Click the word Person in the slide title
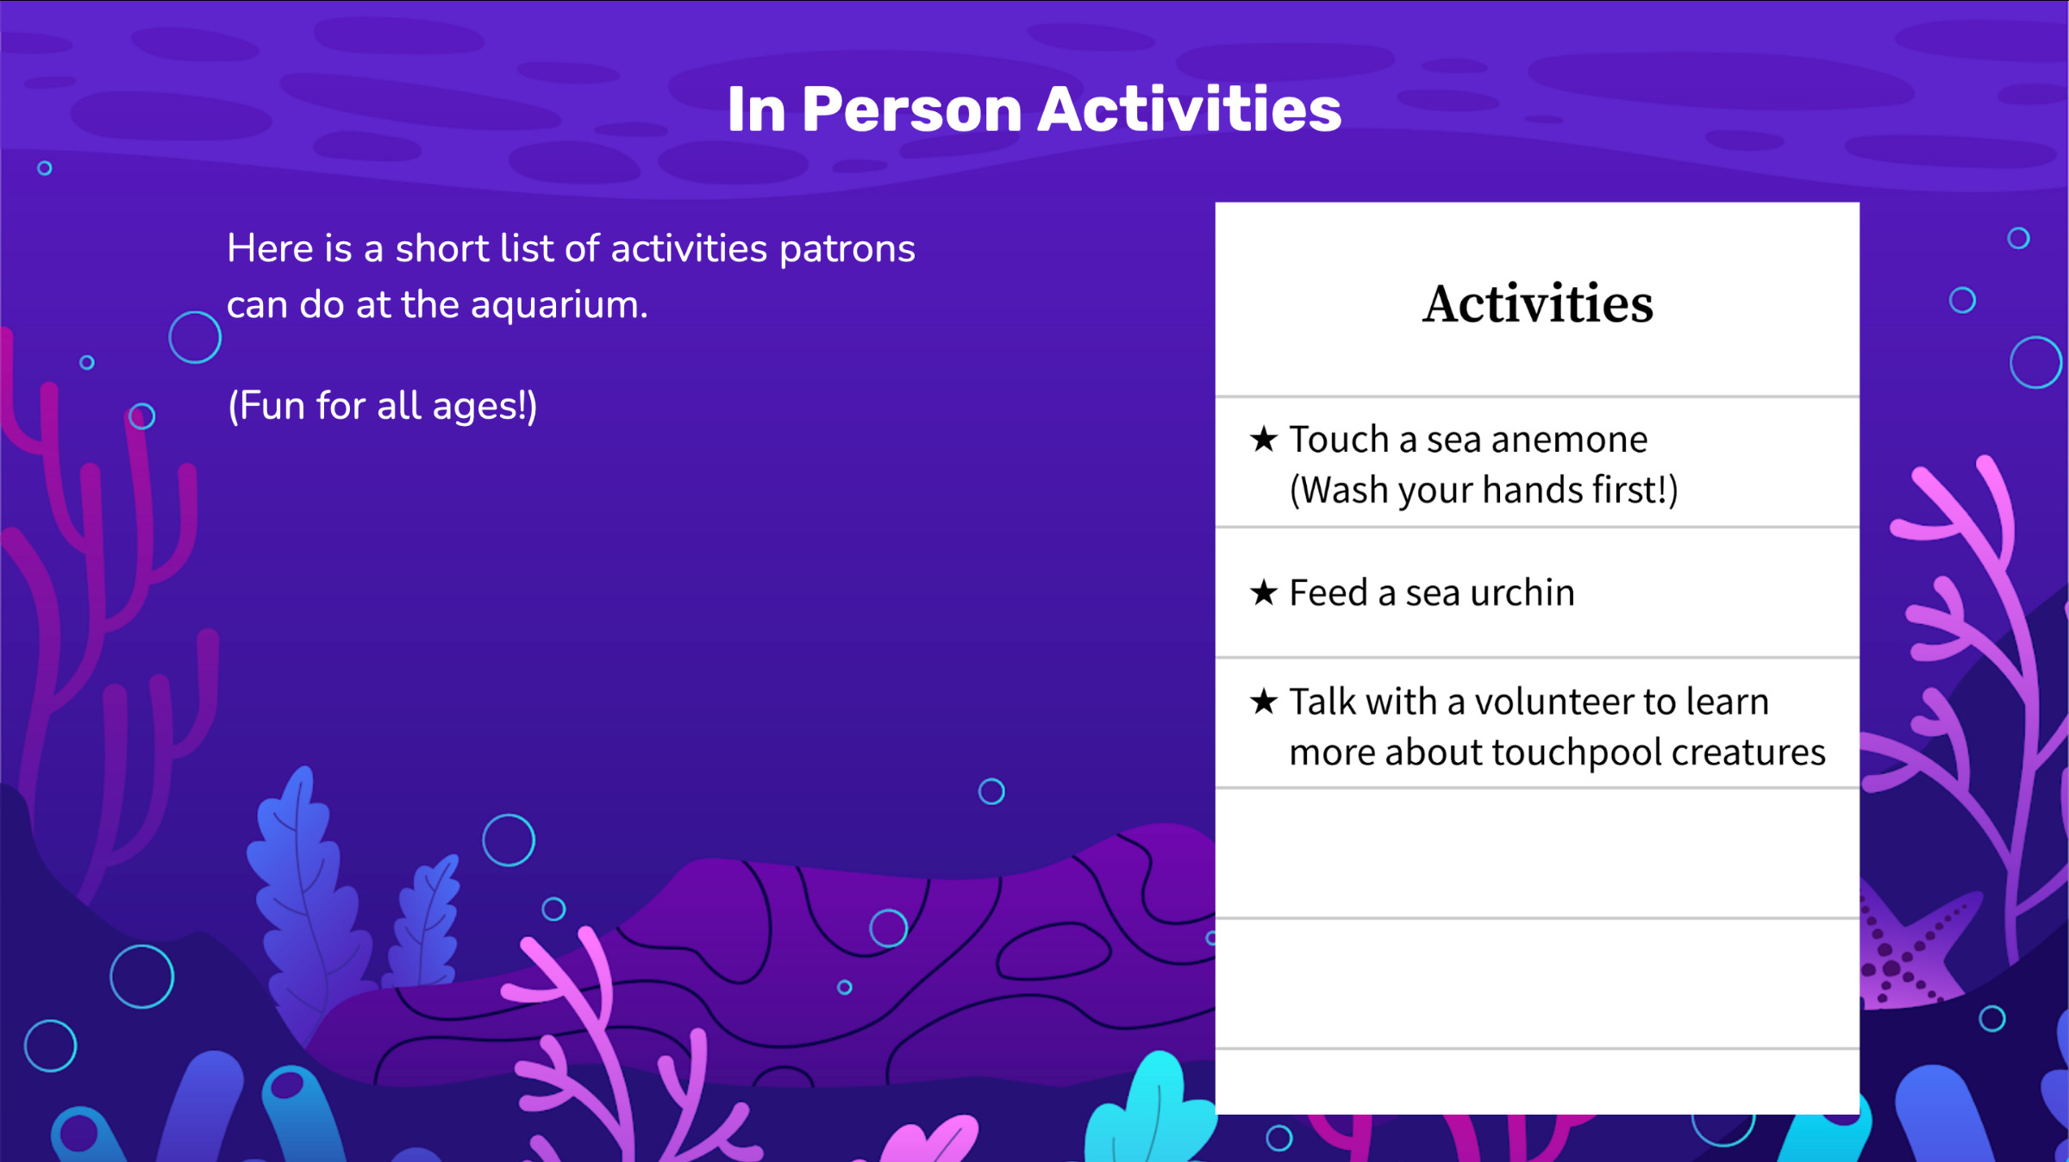pyautogui.click(x=911, y=110)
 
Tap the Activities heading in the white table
pyautogui.click(x=1537, y=303)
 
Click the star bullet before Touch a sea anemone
pyautogui.click(x=1263, y=440)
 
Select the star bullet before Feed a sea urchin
pyautogui.click(x=1263, y=593)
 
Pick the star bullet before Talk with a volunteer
pyautogui.click(x=1263, y=702)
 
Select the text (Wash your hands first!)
pyautogui.click(x=1483, y=490)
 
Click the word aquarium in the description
pyautogui.click(x=558, y=305)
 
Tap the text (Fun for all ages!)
pyautogui.click(x=382, y=406)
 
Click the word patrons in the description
pyautogui.click(x=847, y=249)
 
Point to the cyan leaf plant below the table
pyautogui.click(x=1151, y=1112)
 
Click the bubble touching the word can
pyautogui.click(x=195, y=337)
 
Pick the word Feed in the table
pyautogui.click(x=1328, y=593)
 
